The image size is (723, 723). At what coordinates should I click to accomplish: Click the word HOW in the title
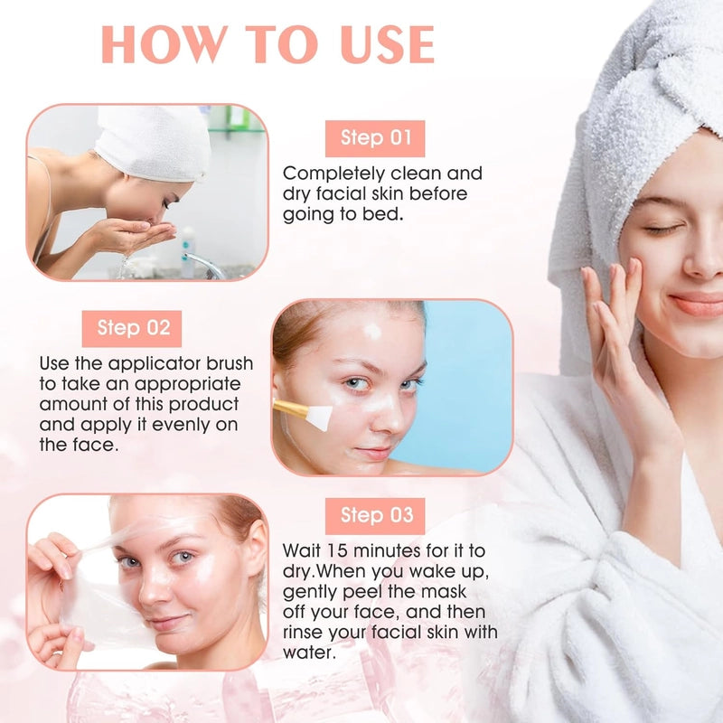164,44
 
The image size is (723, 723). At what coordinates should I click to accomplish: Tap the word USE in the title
388,44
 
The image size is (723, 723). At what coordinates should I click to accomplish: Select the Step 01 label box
375,138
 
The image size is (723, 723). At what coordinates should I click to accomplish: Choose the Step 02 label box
132,328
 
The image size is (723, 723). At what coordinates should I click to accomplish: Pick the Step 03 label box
375,516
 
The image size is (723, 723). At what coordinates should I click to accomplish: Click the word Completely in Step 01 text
333,174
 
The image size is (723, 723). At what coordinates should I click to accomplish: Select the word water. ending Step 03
309,653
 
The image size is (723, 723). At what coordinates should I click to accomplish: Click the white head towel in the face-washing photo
152,142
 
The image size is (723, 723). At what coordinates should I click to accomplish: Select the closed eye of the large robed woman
663,230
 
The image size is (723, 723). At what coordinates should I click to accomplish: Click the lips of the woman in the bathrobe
697,304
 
